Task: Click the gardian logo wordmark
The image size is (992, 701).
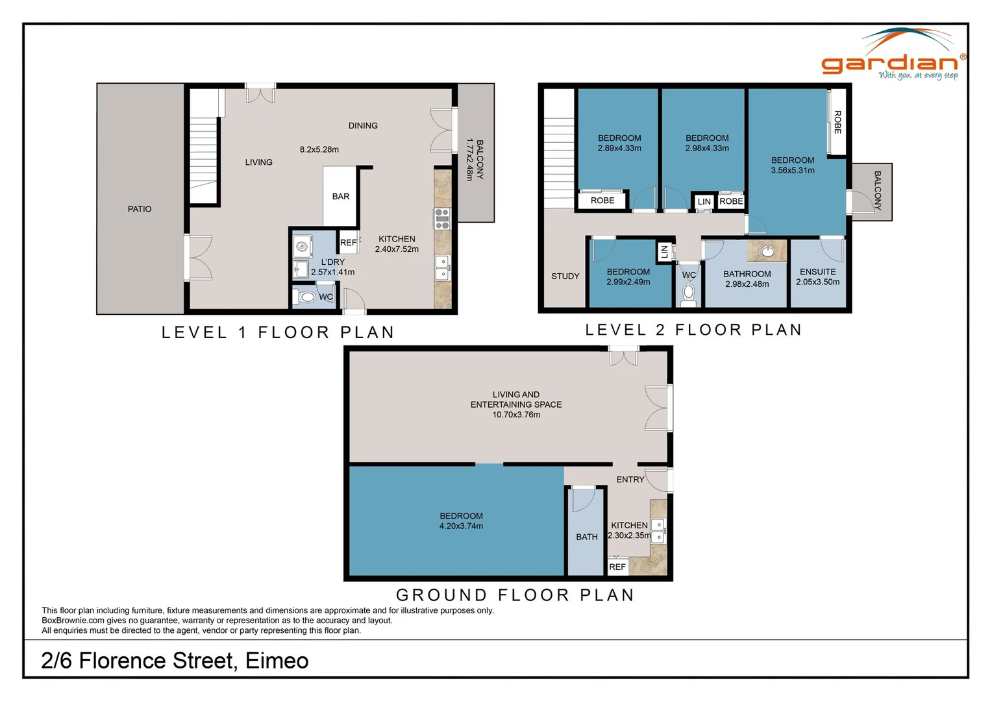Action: (x=889, y=64)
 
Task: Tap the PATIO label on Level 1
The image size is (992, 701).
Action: (x=140, y=209)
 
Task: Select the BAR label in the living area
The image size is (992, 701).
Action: (x=341, y=197)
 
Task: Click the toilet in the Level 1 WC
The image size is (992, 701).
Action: (x=306, y=297)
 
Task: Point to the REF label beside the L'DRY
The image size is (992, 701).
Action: (x=349, y=243)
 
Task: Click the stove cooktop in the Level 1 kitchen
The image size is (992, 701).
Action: (x=442, y=219)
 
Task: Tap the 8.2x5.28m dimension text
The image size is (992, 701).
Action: (x=319, y=149)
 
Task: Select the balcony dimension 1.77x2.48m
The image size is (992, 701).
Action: (x=469, y=159)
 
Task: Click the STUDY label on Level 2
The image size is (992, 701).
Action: (x=565, y=276)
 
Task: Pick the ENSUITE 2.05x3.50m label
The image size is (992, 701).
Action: (x=818, y=277)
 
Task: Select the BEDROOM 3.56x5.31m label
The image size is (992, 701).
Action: (x=793, y=166)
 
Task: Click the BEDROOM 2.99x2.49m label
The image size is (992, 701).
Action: (x=628, y=277)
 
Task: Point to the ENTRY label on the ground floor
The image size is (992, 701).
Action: (x=630, y=480)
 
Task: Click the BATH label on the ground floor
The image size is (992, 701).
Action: (x=587, y=537)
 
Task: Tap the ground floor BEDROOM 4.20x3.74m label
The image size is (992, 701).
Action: (x=461, y=521)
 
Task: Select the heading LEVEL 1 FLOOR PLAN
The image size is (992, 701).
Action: (x=278, y=333)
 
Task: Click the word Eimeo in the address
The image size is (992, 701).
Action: (x=277, y=661)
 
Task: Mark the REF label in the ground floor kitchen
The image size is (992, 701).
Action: (x=617, y=567)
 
